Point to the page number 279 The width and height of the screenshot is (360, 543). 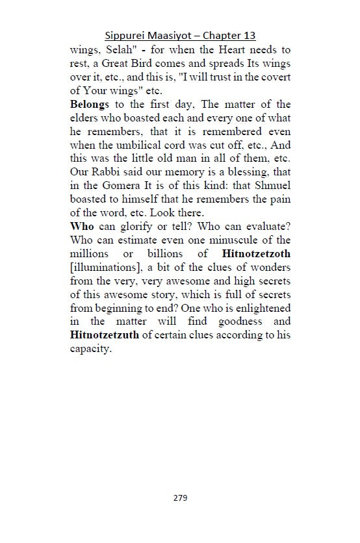(180, 498)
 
